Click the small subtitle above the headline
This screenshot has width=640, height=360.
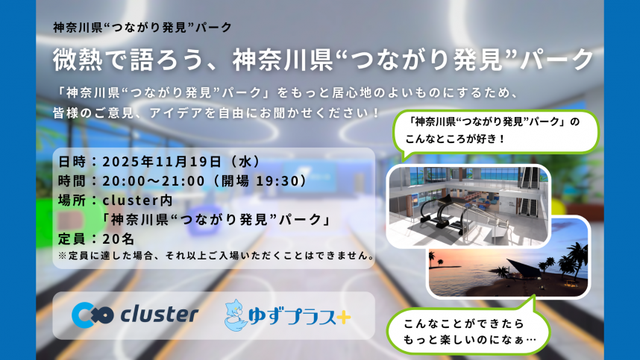142,27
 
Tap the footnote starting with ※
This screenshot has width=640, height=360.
216,255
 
